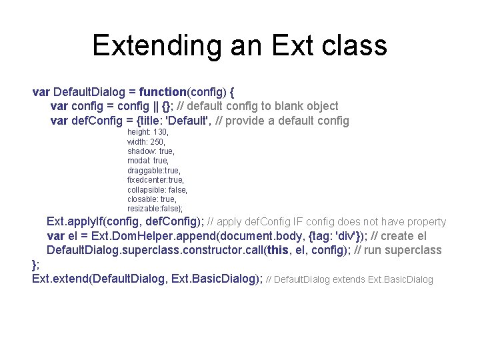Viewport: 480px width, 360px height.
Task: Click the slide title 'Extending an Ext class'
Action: click(x=239, y=45)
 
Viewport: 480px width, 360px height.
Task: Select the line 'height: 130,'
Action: click(x=148, y=133)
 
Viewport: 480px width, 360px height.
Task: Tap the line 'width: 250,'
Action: click(x=147, y=142)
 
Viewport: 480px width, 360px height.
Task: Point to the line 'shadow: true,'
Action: click(x=151, y=151)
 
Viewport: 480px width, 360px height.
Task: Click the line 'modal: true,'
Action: click(x=148, y=161)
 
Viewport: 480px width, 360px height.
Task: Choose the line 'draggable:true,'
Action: click(x=153, y=171)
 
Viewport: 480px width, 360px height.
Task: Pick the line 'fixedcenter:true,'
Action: click(x=155, y=180)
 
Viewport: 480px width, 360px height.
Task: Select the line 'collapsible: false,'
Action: click(x=157, y=190)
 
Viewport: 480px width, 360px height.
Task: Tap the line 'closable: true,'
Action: click(x=152, y=199)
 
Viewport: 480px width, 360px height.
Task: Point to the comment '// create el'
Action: click(x=399, y=236)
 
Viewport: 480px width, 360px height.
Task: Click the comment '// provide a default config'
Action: click(x=283, y=121)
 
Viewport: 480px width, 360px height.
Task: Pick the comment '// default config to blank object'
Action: click(x=259, y=106)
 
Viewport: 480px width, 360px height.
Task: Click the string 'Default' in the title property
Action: click(x=188, y=121)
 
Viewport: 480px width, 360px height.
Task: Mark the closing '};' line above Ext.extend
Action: click(x=36, y=265)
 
